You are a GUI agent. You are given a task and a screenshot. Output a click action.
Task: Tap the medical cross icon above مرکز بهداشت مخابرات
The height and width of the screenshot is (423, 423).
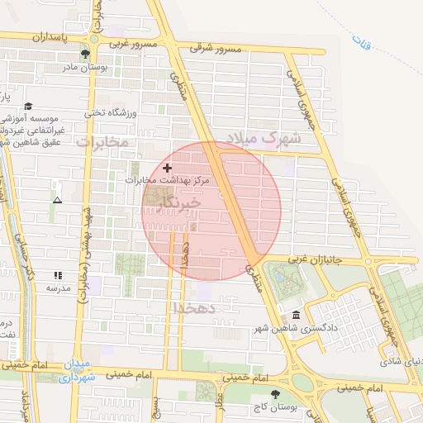click(168, 167)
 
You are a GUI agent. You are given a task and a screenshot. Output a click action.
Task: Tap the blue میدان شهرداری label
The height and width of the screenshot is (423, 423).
click(81, 371)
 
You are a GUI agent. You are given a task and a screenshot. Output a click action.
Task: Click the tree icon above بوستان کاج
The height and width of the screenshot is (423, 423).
click(275, 394)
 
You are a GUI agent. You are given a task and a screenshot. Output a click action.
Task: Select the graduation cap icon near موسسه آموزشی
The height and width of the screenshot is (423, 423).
click(29, 106)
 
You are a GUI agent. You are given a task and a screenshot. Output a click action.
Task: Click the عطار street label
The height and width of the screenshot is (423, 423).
click(220, 400)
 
